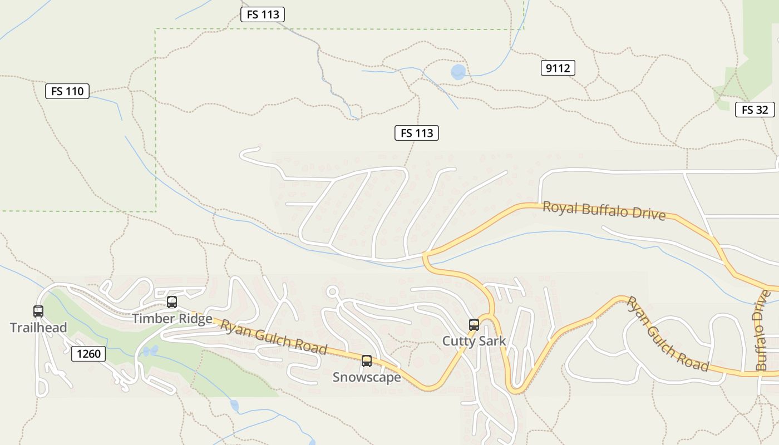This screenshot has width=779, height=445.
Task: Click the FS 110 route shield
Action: [67, 91]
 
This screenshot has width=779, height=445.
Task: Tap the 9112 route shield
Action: [558, 68]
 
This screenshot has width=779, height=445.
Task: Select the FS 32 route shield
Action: [755, 110]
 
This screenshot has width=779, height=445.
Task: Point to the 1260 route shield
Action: [88, 353]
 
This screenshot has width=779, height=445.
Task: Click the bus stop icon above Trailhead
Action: [38, 311]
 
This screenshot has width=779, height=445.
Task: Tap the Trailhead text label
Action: [38, 328]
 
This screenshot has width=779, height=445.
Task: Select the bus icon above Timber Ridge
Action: [172, 302]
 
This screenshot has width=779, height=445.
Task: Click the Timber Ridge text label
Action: [172, 319]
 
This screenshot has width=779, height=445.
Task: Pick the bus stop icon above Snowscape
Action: [366, 361]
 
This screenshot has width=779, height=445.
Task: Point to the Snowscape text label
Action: [366, 377]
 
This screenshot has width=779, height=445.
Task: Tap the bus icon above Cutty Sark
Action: [474, 325]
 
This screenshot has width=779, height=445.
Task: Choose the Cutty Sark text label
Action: [474, 341]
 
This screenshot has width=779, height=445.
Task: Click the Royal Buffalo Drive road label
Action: [604, 210]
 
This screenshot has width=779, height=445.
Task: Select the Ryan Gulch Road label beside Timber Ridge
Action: [274, 337]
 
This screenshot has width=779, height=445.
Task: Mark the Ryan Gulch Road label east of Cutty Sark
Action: [668, 333]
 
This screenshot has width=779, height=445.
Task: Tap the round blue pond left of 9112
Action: [458, 72]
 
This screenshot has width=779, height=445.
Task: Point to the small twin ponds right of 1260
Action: [150, 350]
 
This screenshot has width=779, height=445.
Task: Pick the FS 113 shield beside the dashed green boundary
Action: [262, 14]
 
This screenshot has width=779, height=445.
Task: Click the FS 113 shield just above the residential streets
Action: [416, 133]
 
